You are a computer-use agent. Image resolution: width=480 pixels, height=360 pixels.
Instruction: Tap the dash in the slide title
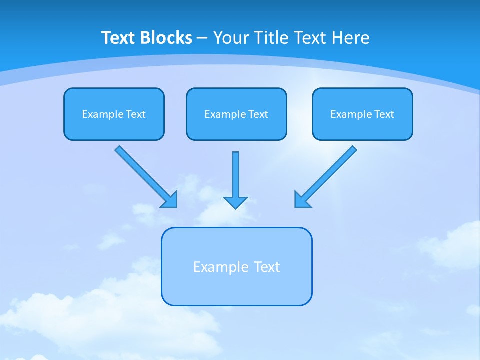click(x=202, y=38)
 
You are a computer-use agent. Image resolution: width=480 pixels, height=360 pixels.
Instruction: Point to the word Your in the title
click(x=231, y=38)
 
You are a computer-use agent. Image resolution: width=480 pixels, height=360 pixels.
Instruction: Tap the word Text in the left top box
click(x=135, y=114)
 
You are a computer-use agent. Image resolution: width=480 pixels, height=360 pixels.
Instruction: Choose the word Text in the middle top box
click(x=258, y=114)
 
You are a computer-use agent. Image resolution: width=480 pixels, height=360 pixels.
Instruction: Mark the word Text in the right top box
click(x=384, y=114)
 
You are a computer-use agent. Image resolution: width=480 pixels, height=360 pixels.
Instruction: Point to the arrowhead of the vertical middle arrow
click(x=235, y=202)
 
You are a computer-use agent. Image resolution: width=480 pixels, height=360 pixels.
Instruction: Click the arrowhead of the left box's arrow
click(x=170, y=200)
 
